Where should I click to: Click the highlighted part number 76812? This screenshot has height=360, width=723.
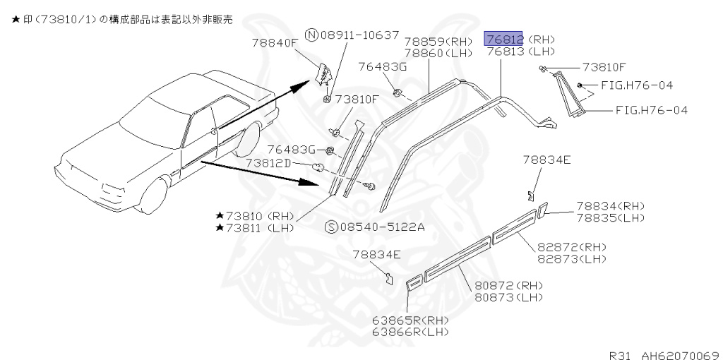coord(503,39)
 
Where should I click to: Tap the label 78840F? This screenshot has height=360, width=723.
coord(275,43)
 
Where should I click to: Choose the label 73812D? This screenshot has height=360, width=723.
coord(268,163)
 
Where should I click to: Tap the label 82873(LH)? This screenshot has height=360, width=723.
coord(572,259)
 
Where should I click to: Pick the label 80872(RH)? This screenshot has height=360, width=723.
coord(508,285)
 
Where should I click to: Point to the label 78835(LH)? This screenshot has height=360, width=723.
coord(610,217)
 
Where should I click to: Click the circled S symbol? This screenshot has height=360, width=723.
coord(330,227)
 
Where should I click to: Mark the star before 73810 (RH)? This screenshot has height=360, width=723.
coord(220,215)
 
